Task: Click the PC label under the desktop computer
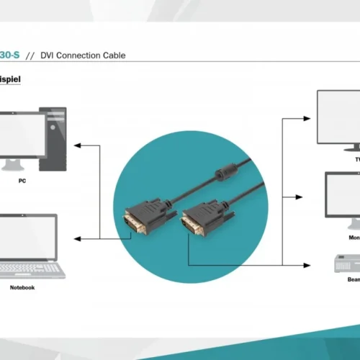click(22, 181)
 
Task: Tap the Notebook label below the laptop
click(22, 287)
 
